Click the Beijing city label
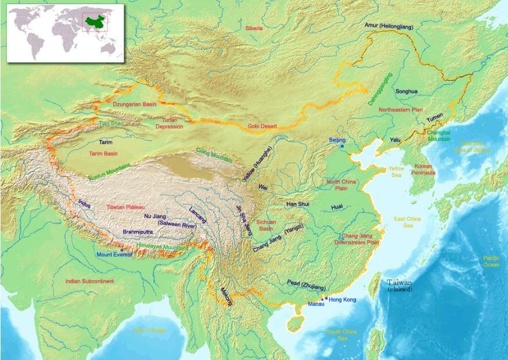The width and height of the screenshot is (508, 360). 337,140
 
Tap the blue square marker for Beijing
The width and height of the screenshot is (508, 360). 343,146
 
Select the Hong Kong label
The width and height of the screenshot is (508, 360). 342,300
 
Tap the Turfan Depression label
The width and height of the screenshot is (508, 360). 170,123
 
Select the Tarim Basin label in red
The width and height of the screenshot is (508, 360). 103,154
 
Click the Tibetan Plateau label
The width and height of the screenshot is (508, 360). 125,207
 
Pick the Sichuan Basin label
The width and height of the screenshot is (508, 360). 266,225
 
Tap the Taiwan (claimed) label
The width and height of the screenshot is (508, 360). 400,285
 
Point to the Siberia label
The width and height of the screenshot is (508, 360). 254,28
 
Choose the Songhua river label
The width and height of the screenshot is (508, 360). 406,91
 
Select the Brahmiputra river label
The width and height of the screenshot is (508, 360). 138,232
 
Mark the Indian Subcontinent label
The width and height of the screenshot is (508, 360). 89,281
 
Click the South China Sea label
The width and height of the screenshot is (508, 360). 341,335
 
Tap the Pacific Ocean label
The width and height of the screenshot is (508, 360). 491,261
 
